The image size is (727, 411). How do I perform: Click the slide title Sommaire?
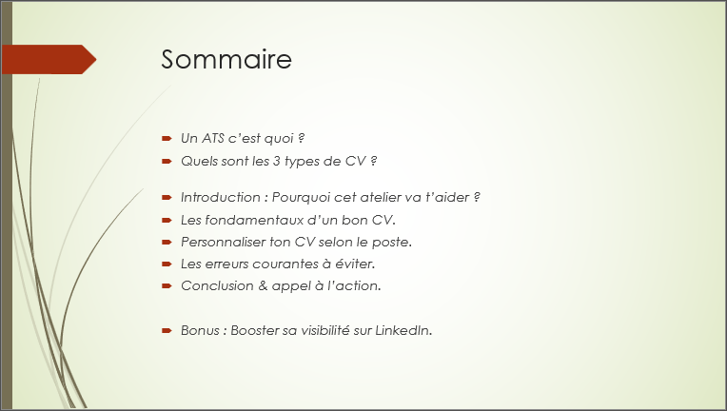[226, 59]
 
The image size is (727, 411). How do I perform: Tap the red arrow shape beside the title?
[48, 59]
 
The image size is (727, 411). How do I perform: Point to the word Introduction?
[223, 197]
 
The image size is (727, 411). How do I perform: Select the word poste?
[391, 242]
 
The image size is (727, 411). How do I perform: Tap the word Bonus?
[200, 330]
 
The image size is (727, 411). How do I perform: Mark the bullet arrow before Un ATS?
[167, 139]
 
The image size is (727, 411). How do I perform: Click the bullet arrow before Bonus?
[167, 330]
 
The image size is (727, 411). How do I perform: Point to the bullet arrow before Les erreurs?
[167, 264]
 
